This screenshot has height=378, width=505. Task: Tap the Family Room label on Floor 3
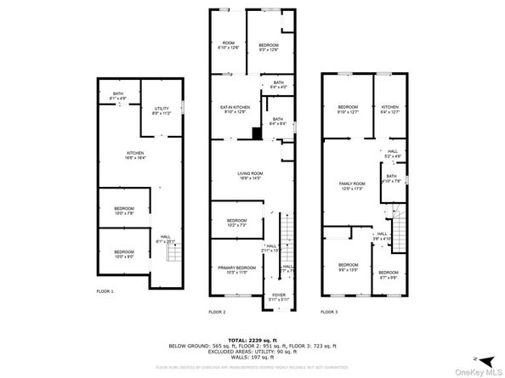352,185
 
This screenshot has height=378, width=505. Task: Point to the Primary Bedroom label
231,269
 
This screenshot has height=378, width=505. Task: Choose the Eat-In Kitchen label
234,108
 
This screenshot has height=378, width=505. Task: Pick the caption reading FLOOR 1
105,291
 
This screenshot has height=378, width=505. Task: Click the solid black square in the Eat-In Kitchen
255,133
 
